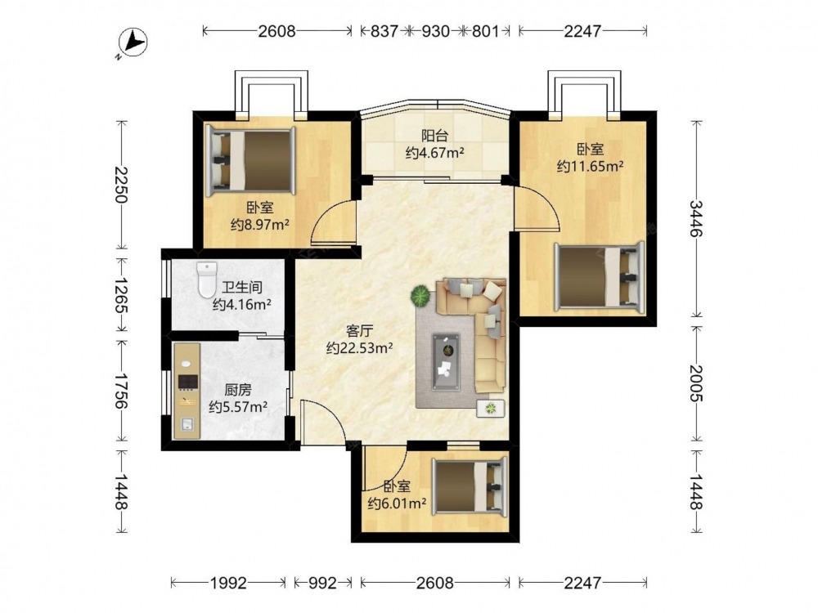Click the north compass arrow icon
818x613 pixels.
click(x=133, y=41)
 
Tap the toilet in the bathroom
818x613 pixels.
click(x=207, y=280)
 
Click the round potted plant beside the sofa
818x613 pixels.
click(x=420, y=296)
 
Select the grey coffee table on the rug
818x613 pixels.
click(x=446, y=362)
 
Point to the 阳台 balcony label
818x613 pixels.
click(x=434, y=136)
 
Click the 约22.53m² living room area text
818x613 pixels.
click(x=359, y=347)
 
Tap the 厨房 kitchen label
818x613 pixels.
click(x=238, y=389)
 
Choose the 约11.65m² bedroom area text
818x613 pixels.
click(x=591, y=166)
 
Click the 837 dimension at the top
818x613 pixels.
click(x=384, y=31)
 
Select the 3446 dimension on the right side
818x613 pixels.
click(x=696, y=218)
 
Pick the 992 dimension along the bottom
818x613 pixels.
click(x=322, y=582)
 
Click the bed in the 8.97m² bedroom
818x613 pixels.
click(x=251, y=160)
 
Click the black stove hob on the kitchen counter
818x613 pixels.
click(x=188, y=382)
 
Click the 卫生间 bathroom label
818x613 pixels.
click(x=241, y=287)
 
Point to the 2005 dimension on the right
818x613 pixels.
click(x=696, y=383)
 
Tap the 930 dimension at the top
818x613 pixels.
click(x=435, y=31)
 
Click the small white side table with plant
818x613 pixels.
click(x=490, y=408)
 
